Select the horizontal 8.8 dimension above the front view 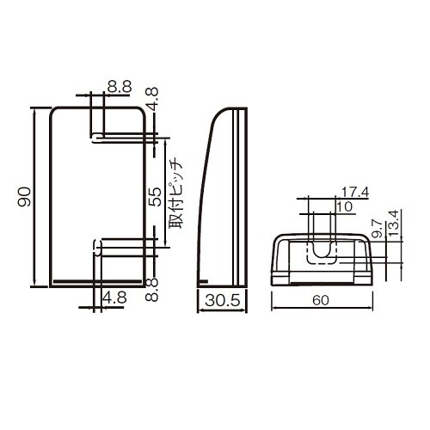pos(119,86)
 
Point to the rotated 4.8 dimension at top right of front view pos(151,97)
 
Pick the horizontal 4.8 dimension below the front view pos(114,298)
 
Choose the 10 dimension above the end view pos(345,206)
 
